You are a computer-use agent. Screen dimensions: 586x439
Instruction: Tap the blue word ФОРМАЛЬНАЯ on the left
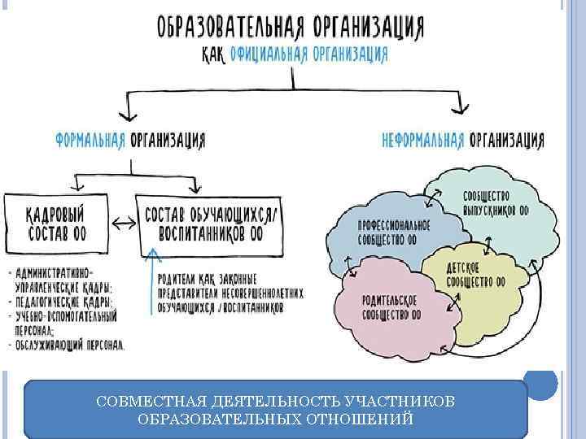90,141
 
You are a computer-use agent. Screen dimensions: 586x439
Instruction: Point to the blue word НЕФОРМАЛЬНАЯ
423,141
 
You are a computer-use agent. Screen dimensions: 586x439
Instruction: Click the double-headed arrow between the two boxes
123,222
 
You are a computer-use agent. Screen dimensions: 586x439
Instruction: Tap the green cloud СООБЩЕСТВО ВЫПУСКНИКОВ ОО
488,199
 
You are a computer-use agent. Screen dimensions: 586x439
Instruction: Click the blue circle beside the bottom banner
541,382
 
